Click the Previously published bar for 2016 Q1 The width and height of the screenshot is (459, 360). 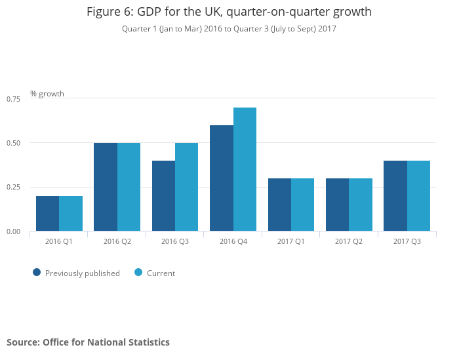[x=47, y=213]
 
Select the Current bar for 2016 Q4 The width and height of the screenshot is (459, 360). [x=245, y=169]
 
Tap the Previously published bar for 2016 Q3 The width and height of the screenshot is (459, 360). [x=163, y=195]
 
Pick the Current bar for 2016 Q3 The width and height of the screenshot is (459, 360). [x=187, y=187]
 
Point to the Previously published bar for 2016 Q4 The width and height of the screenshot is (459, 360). [x=222, y=178]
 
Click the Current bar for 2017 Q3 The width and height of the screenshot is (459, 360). [x=418, y=195]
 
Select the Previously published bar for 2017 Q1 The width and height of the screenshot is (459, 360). [x=279, y=205]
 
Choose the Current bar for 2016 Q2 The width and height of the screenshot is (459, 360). [x=129, y=187]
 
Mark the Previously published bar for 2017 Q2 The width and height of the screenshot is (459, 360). [x=337, y=205]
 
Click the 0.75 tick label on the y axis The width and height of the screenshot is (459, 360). [x=13, y=99]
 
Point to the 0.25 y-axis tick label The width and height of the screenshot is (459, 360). [x=13, y=188]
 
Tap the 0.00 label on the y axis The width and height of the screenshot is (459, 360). [x=13, y=231]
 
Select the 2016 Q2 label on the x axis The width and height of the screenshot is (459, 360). [x=117, y=242]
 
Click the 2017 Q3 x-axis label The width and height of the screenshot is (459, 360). [x=407, y=242]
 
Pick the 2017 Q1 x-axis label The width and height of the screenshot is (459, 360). [x=291, y=242]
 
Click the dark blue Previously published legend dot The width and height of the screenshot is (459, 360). [x=37, y=272]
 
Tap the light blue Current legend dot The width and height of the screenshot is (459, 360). [x=138, y=272]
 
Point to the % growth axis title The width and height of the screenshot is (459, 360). [x=47, y=94]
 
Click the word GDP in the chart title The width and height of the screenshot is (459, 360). [x=150, y=12]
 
